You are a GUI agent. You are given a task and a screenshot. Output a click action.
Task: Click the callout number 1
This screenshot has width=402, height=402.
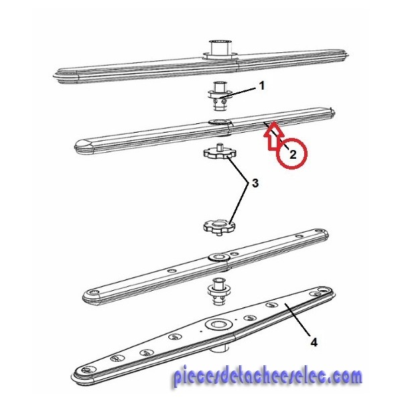click(262, 86)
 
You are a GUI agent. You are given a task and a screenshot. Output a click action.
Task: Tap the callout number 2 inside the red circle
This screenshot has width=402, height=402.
click(293, 155)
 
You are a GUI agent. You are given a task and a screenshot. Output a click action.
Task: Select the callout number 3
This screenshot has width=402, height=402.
click(255, 184)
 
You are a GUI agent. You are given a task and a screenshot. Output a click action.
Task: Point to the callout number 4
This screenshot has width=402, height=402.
click(314, 342)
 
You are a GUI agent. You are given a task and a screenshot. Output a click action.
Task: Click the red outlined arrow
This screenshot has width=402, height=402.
click(274, 135)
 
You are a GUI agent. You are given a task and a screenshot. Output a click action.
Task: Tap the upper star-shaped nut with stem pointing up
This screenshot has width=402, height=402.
click(220, 153)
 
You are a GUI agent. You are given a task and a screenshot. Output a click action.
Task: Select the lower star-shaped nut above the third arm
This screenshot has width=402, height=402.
click(219, 227)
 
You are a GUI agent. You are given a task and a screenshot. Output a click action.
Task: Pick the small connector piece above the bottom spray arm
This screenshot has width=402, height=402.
click(218, 291)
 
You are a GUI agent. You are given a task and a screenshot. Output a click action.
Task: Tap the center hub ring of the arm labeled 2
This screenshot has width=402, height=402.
click(220, 121)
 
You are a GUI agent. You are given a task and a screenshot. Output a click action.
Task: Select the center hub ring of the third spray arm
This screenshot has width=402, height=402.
click(218, 257)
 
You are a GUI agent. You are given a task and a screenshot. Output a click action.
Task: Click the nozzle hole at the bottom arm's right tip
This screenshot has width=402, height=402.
click(322, 290)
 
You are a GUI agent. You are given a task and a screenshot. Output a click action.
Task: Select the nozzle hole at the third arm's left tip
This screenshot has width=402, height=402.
click(93, 292)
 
